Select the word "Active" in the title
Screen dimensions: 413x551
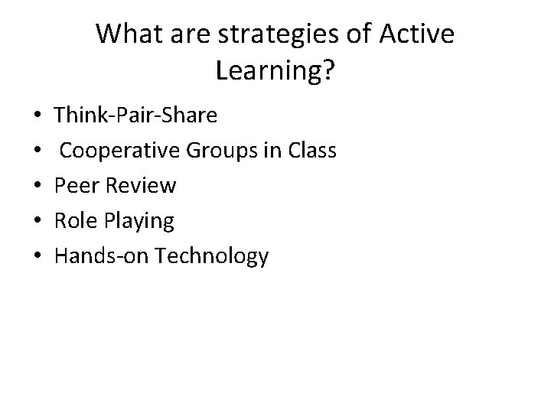tap(416, 34)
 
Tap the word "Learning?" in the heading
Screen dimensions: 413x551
tap(275, 71)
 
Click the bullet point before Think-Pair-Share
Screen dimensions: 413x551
tap(37, 117)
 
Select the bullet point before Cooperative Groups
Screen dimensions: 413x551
tap(37, 151)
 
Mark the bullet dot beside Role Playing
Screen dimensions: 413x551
tap(37, 222)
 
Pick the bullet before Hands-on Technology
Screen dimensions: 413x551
tap(37, 257)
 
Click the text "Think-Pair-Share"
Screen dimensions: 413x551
tap(135, 116)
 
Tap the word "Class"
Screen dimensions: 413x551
tap(311, 151)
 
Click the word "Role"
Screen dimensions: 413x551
tap(76, 221)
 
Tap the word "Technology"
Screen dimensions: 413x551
tap(211, 257)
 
